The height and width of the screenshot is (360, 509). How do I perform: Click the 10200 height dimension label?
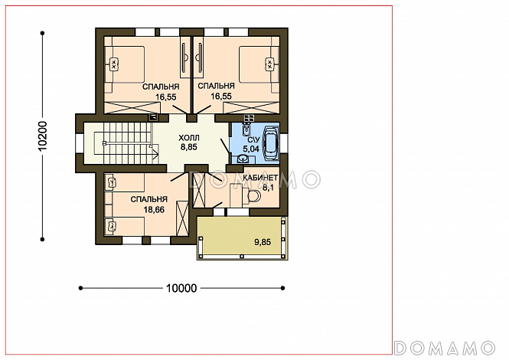click(x=42, y=136)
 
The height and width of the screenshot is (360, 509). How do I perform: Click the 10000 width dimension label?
click(x=181, y=288)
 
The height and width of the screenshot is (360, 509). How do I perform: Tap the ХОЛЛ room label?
click(x=189, y=138)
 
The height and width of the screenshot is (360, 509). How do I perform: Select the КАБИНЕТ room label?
click(x=260, y=178)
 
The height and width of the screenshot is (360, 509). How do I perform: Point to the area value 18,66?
click(x=154, y=210)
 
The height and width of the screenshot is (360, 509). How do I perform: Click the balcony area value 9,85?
click(x=263, y=242)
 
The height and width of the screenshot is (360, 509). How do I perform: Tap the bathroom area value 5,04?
click(x=251, y=149)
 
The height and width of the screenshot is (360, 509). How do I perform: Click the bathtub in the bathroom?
click(x=271, y=143)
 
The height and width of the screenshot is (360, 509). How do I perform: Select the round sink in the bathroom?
click(x=242, y=159)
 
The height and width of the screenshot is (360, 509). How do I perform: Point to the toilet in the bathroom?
click(x=246, y=130)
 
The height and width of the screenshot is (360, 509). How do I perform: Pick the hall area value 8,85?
click(x=189, y=147)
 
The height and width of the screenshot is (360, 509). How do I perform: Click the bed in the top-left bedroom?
click(x=124, y=64)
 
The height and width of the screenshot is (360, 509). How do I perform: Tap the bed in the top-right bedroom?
click(x=259, y=64)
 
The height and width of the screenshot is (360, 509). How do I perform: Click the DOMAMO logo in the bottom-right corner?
click(x=445, y=348)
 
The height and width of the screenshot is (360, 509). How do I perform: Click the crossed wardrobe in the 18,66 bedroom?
click(x=182, y=218)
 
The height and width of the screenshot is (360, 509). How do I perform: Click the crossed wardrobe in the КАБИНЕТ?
click(x=199, y=189)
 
